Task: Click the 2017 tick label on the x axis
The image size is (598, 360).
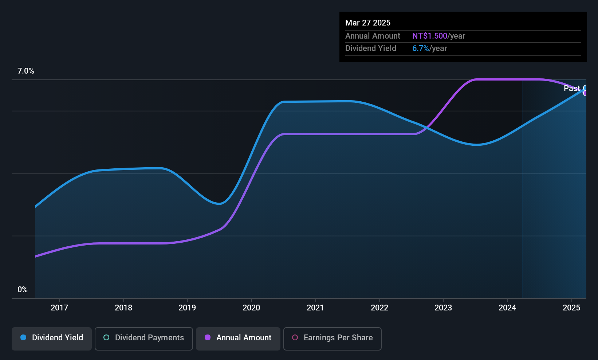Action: [x=59, y=308]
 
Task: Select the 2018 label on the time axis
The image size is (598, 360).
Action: [x=123, y=308]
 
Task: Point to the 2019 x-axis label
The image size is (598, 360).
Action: [x=187, y=308]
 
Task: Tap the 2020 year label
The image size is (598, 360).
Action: [x=251, y=308]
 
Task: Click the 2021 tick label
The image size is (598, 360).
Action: [x=315, y=308]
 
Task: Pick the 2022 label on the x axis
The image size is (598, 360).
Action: [x=379, y=308]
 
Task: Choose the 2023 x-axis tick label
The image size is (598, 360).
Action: [x=443, y=308]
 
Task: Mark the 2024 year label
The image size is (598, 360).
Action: [x=507, y=308]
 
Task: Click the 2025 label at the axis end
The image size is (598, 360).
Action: [x=571, y=308]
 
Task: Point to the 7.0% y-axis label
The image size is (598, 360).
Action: [x=26, y=71]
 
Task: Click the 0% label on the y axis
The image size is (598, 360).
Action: [x=23, y=290]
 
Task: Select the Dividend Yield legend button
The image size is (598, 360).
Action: [x=52, y=338]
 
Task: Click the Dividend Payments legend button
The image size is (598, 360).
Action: [x=144, y=338]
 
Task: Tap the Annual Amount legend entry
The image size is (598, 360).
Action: [x=238, y=338]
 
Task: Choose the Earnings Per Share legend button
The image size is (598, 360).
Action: [x=332, y=338]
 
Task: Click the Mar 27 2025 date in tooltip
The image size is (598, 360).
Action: [x=368, y=23]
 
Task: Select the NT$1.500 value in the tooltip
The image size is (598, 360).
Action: [x=430, y=36]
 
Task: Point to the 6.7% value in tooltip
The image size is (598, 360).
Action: [x=421, y=48]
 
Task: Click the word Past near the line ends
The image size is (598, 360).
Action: [x=572, y=88]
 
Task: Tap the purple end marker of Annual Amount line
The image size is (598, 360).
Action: [x=586, y=93]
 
